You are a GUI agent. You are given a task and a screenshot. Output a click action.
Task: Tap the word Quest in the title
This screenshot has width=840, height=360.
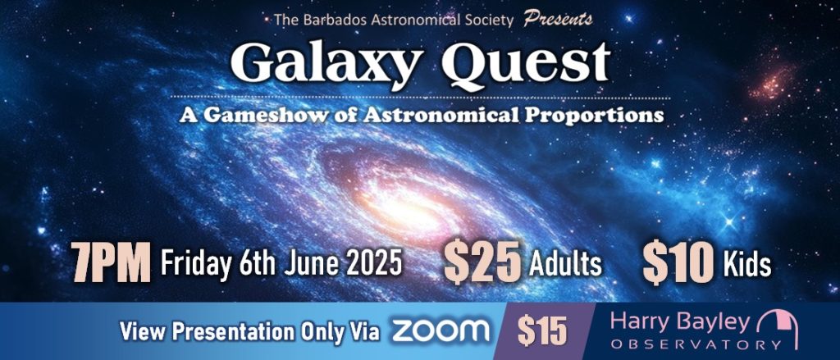click(x=526, y=63)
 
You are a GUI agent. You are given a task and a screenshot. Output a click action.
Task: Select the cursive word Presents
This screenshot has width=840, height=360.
click(x=558, y=20)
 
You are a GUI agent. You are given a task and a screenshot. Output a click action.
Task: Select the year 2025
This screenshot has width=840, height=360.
click(x=373, y=262)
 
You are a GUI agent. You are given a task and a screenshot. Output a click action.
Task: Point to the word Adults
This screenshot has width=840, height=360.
click(x=565, y=264)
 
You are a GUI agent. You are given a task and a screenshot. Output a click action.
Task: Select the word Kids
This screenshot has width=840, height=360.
click(x=747, y=264)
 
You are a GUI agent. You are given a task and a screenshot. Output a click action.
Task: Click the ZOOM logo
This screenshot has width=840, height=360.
click(x=441, y=330)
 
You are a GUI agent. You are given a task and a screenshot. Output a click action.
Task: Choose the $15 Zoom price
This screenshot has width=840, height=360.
click(x=542, y=331)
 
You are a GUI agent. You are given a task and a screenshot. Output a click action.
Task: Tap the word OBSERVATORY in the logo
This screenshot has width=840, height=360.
click(x=683, y=344)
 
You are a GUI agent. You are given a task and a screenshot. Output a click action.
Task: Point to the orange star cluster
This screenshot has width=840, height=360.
click(x=771, y=80)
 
